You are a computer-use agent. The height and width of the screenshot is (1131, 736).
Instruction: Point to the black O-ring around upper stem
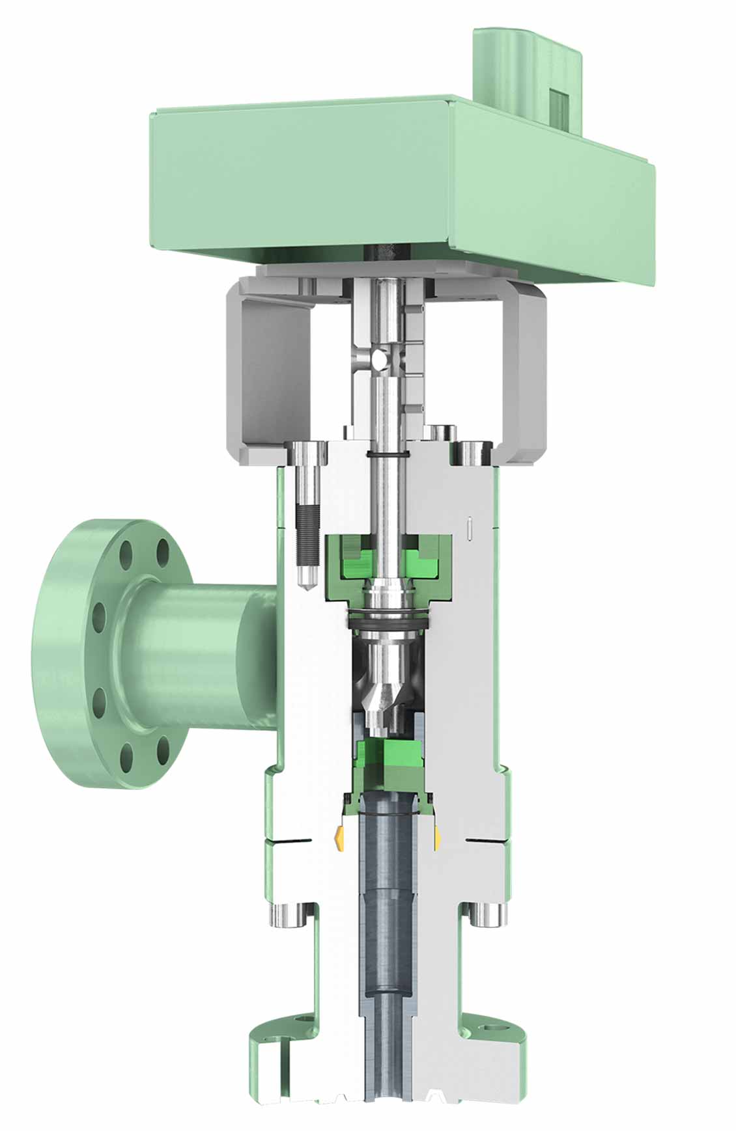(x=388, y=454)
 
